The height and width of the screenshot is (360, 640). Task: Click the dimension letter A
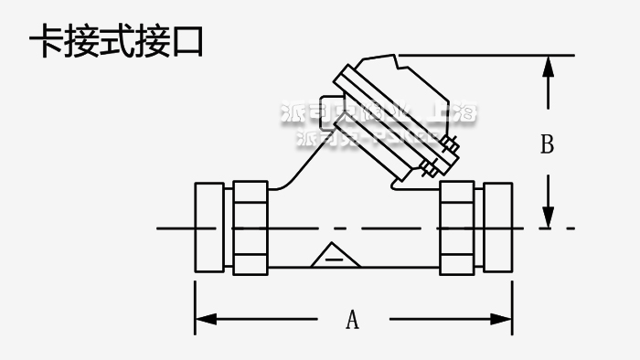(x=352, y=320)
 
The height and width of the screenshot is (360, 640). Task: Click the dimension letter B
(x=547, y=145)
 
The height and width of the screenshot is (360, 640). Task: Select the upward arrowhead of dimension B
(x=547, y=68)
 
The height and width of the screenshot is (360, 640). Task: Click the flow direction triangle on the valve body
(x=333, y=256)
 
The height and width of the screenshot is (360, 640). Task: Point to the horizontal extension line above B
(x=494, y=56)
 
